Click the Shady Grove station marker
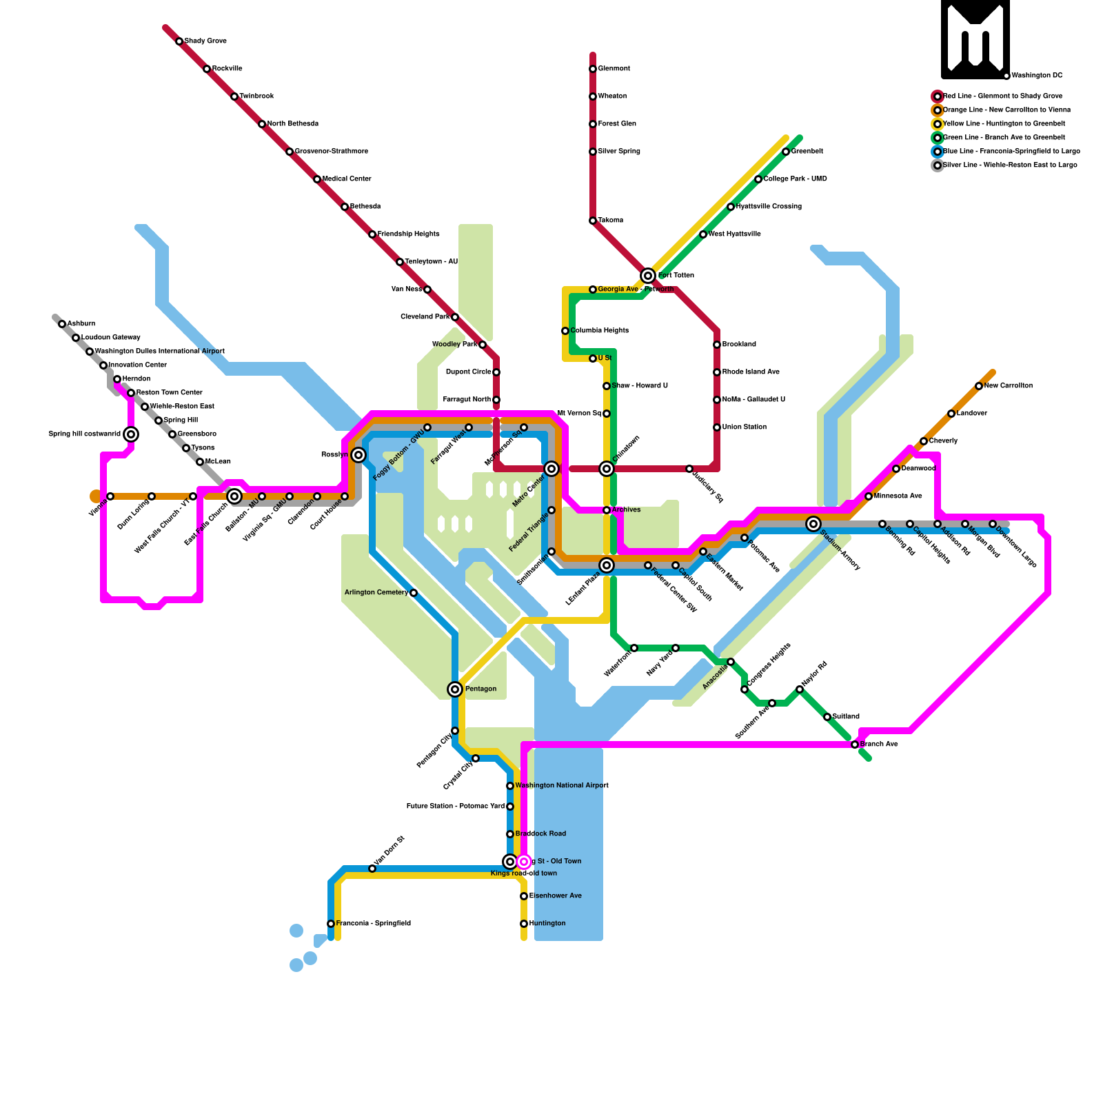click(179, 41)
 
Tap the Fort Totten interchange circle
click(648, 276)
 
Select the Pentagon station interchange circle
click(455, 689)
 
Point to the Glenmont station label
click(614, 69)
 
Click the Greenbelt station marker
click(786, 152)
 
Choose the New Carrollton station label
click(1008, 386)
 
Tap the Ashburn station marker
click(62, 324)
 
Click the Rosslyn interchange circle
click(358, 455)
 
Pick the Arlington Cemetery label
click(376, 593)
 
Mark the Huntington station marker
click(524, 924)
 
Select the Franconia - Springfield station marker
click(331, 924)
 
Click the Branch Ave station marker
click(855, 745)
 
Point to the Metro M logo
click(975, 39)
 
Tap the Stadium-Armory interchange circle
click(813, 524)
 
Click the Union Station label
click(745, 427)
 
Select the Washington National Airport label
click(561, 786)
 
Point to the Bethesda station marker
click(345, 207)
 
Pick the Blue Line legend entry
click(1011, 152)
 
